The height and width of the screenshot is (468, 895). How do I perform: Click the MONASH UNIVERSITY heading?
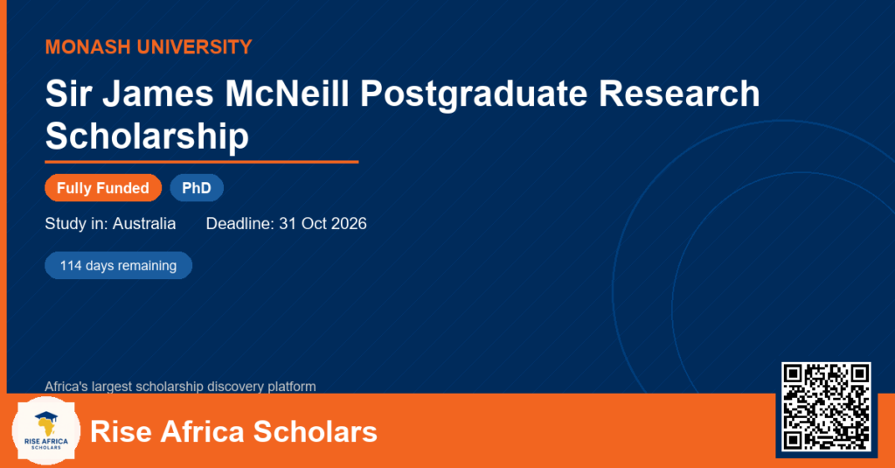pos(149,47)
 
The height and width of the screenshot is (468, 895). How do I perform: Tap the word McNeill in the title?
pos(287,94)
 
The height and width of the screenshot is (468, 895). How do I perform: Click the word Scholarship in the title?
pos(147,136)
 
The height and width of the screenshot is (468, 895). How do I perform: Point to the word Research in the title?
pos(679,94)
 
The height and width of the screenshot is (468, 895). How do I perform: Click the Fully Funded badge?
pos(103,188)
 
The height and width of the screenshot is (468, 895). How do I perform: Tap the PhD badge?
pos(197,188)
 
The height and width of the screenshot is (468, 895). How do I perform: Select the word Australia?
pos(144,223)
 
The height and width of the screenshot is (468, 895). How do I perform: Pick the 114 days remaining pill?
pos(118,266)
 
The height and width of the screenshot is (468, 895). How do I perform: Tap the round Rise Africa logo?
pos(46,431)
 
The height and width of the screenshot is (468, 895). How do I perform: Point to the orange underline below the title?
pos(202,163)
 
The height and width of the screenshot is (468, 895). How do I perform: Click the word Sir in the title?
pos(68,94)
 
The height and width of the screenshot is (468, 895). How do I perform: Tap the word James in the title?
pos(158,94)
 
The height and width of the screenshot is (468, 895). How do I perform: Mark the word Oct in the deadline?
pos(314,223)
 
